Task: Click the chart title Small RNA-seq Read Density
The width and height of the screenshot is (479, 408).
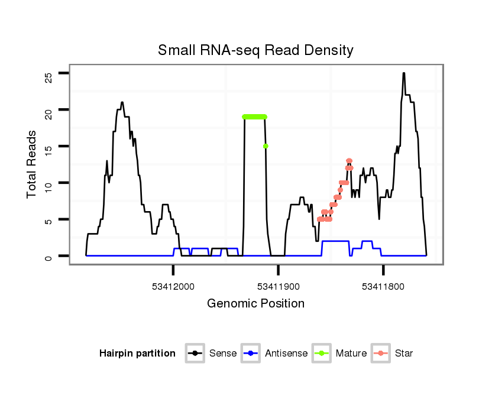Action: [x=255, y=50]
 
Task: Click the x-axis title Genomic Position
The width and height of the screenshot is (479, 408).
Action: [x=255, y=304]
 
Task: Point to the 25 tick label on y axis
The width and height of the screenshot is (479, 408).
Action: [x=48, y=77]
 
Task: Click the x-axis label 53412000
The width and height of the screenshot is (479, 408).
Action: [x=173, y=287]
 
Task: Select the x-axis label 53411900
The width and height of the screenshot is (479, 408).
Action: [x=278, y=287]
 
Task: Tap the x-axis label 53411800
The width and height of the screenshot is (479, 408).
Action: [x=383, y=287]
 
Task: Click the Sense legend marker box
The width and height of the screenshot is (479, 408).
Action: [x=195, y=354]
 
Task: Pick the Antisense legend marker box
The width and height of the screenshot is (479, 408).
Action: [x=251, y=354]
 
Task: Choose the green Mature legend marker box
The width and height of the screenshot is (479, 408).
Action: [x=321, y=354]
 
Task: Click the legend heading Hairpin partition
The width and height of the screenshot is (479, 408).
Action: [x=137, y=354]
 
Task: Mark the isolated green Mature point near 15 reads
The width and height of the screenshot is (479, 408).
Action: [x=266, y=146]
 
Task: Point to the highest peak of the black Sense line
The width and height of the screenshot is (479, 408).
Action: [x=403, y=74]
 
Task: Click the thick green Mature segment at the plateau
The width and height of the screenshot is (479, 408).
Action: [x=255, y=116]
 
